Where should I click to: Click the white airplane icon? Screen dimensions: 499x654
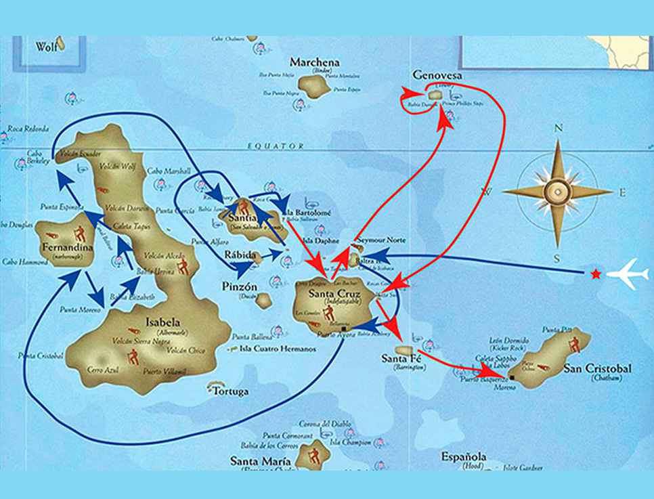click(x=628, y=274)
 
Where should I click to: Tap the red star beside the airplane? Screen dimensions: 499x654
click(x=595, y=274)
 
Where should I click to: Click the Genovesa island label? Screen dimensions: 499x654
click(x=437, y=76)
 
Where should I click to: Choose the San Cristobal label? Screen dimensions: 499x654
click(x=597, y=369)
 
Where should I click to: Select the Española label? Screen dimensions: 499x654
click(x=464, y=457)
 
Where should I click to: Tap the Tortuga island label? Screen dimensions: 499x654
click(x=230, y=391)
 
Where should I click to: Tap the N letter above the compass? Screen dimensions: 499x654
click(x=559, y=129)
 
